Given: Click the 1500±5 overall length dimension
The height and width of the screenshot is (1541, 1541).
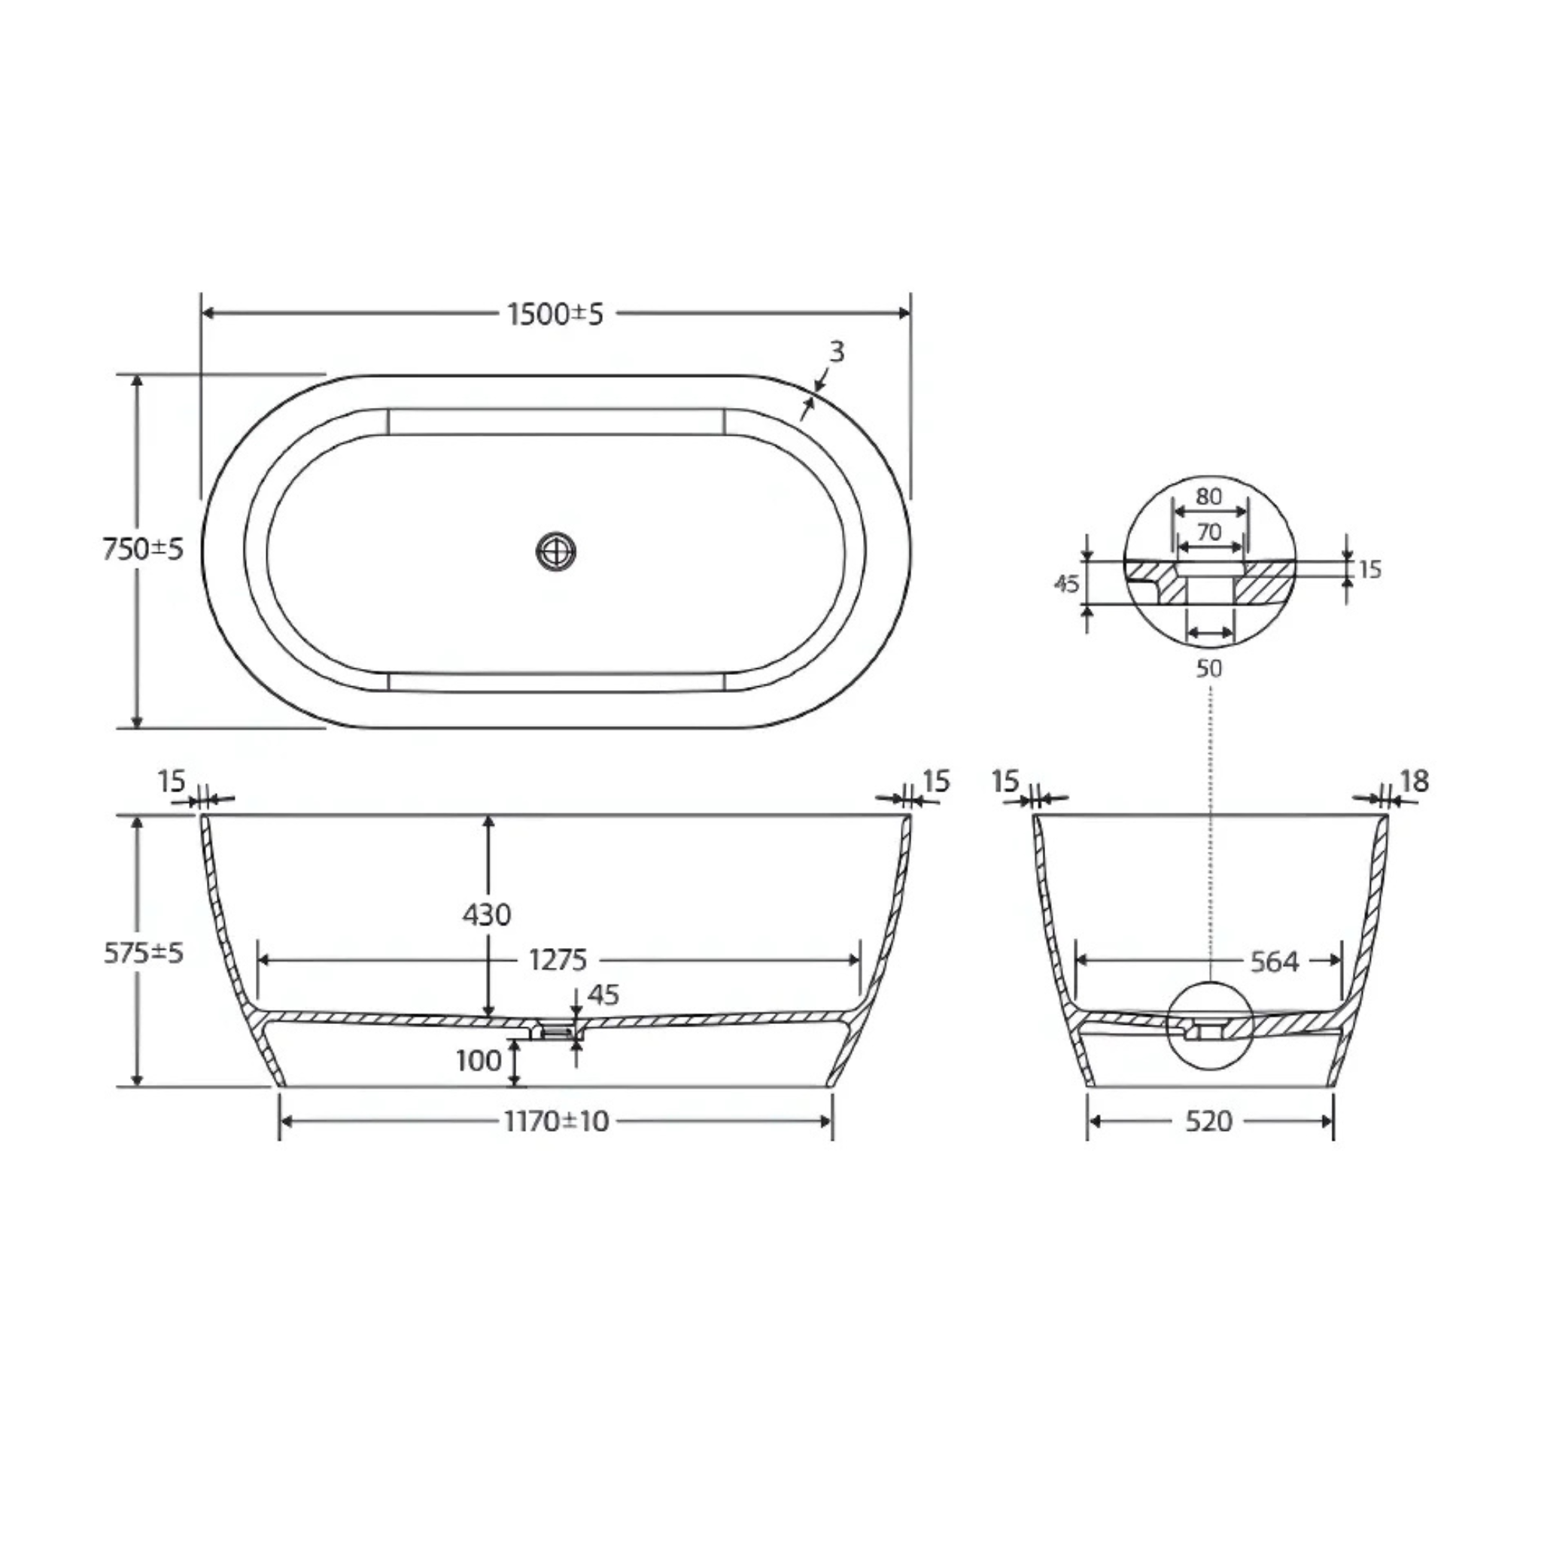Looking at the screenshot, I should tap(556, 315).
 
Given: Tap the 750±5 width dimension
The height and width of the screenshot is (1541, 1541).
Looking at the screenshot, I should tap(144, 549).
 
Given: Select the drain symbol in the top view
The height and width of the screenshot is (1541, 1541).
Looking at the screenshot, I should tap(556, 550).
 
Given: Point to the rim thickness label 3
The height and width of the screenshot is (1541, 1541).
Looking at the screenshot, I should tap(836, 351).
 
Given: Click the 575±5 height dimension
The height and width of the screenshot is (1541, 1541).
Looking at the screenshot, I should tap(144, 953).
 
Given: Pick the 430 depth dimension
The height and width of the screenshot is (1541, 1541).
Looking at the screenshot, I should tap(487, 915).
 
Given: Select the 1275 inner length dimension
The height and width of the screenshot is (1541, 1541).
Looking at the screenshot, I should tap(558, 959).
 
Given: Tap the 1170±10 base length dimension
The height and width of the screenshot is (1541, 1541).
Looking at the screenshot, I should tap(556, 1121).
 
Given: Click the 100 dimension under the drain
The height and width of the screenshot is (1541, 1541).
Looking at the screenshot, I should tap(479, 1061).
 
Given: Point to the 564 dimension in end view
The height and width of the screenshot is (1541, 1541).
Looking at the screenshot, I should tap(1274, 962).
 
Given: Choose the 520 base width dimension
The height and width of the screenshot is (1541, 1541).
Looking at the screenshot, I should tap(1208, 1121).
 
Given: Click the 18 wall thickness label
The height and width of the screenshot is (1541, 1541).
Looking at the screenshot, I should tap(1414, 781).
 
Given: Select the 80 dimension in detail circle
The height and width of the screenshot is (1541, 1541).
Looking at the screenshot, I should tap(1209, 496).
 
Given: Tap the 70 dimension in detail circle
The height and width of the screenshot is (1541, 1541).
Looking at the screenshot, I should tap(1210, 531).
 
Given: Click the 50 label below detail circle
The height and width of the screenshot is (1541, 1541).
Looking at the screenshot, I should tap(1209, 668).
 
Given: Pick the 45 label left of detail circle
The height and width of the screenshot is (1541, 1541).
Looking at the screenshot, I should tap(1066, 585).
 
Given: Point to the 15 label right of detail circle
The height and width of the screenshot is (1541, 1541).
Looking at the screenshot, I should tap(1369, 570).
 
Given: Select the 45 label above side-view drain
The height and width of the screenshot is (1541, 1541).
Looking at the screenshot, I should tap(603, 995).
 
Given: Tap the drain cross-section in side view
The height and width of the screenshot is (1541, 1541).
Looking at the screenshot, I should tap(557, 1032).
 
